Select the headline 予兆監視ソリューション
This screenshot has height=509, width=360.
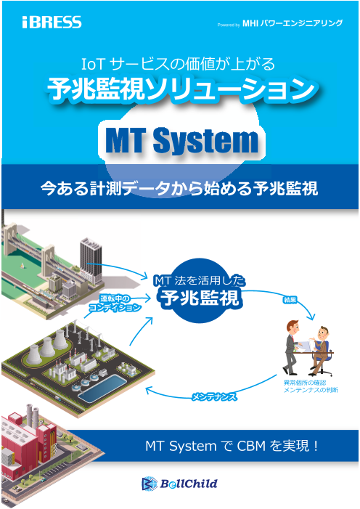180,89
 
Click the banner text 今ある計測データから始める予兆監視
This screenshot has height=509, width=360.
179,190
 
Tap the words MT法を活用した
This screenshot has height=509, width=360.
200,279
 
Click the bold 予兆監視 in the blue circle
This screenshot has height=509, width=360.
200,298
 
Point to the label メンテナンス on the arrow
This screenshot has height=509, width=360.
215,398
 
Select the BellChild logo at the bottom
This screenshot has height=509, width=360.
179,483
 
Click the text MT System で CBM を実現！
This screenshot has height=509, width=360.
232,444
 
